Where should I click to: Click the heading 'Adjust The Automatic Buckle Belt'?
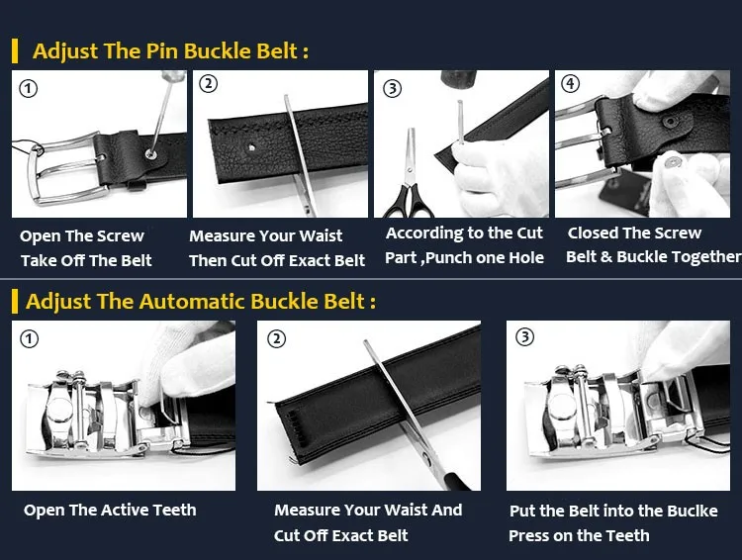200,301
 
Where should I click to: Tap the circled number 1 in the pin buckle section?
30,88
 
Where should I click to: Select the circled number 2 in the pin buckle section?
208,84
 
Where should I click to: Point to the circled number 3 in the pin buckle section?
393,88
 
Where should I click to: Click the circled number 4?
570,83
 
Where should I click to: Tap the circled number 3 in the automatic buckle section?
524,337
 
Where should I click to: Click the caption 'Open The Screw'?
82,235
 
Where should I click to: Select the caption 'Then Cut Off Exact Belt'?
277,260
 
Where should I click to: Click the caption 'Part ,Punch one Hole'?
464,257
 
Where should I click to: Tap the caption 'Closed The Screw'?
634,233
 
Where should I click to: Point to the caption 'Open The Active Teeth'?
110,510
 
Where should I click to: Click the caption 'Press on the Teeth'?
579,535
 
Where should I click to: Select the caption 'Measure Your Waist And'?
368,510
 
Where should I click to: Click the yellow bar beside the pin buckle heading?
15,50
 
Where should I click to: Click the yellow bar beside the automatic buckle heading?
15,301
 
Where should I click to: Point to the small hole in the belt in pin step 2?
256,146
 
